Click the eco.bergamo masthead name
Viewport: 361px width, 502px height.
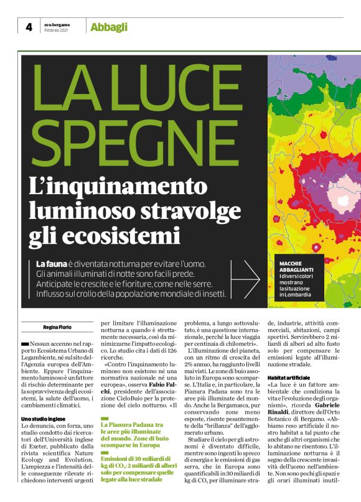coord(57,24)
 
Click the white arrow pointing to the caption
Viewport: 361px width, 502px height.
coord(249,278)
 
